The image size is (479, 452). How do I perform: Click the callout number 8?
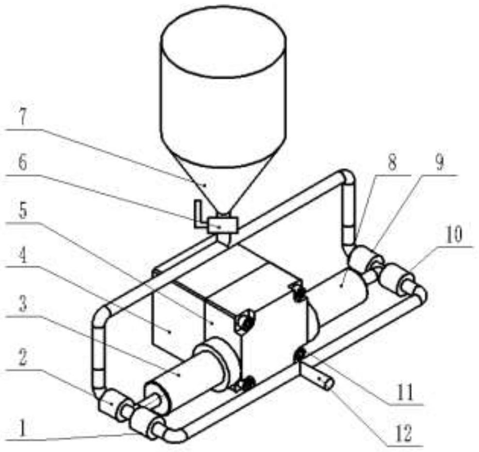(392, 163)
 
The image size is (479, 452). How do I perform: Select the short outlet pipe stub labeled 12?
(318, 378)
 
